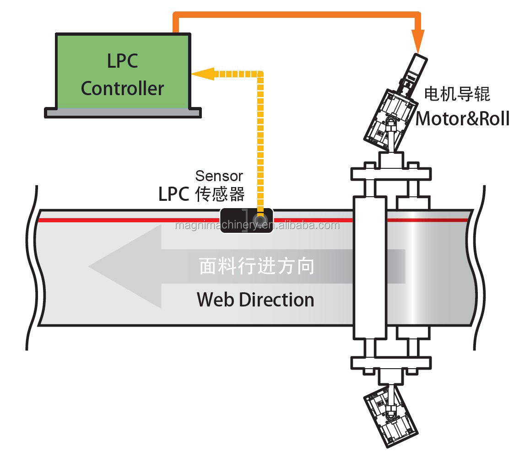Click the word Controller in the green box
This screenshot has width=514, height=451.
122,88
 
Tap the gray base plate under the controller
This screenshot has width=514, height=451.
123,113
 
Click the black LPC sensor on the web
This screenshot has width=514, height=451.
247,220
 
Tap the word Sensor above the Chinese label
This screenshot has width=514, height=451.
219,176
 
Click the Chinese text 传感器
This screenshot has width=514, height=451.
220,194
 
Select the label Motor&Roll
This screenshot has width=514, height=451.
462,118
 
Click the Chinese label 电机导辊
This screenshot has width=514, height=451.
457,94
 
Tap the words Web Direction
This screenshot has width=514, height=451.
255,300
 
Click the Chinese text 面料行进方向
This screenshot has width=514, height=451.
257,266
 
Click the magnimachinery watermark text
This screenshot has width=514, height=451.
257,225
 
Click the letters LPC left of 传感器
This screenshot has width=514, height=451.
173,194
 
